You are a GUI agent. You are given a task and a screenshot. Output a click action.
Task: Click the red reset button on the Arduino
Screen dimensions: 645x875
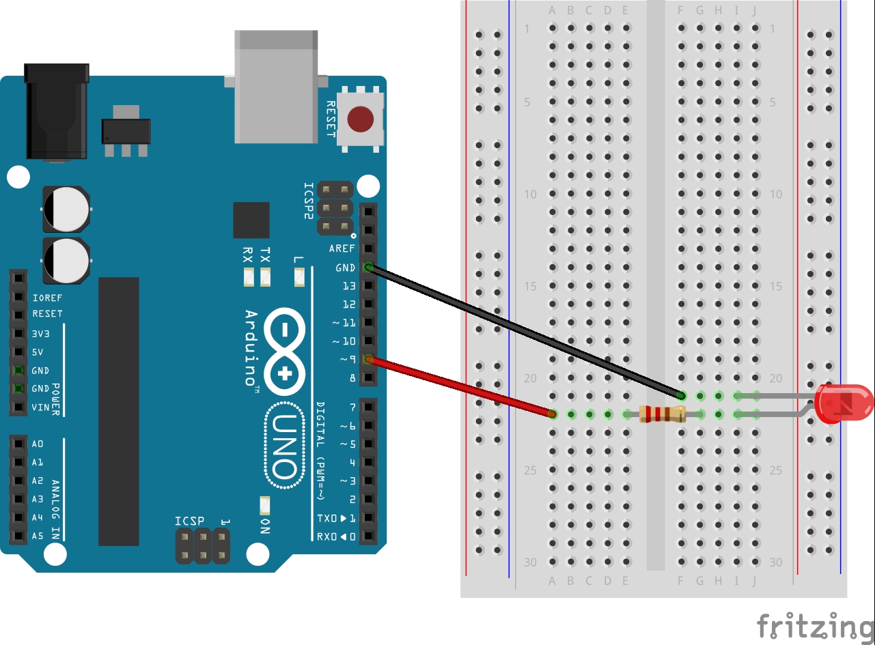tap(360, 119)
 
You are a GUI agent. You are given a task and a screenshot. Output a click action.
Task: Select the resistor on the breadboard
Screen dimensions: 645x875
tap(661, 414)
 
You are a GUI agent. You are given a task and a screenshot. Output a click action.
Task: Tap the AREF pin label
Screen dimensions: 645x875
tap(342, 249)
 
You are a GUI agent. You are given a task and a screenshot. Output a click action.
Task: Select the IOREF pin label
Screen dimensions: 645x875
tap(47, 298)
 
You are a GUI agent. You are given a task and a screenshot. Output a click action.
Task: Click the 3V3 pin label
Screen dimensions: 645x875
tap(40, 334)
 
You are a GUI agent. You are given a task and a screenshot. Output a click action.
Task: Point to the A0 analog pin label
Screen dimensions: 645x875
tap(38, 444)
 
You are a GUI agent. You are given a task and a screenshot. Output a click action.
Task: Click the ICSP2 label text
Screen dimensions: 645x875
tap(309, 201)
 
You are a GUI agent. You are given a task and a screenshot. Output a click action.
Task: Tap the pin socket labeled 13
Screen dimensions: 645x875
tap(368, 286)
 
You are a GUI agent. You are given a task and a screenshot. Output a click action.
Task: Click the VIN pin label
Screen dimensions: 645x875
tap(40, 407)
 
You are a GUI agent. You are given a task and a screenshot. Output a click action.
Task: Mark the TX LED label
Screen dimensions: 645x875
tap(265, 255)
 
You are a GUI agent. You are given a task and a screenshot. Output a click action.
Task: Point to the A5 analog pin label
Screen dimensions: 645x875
tap(38, 536)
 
